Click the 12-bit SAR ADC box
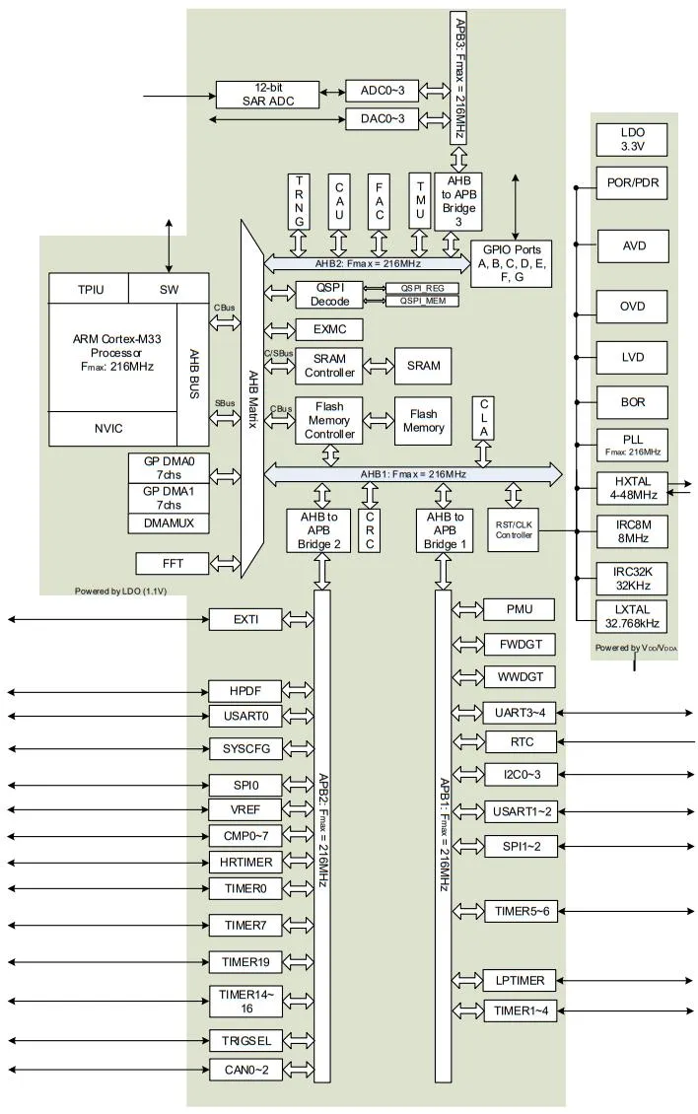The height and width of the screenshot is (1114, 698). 268,94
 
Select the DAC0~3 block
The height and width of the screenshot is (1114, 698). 382,119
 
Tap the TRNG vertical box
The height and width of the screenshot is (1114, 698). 301,201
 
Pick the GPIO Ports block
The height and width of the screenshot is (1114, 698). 512,263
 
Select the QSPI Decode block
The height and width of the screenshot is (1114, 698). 329,295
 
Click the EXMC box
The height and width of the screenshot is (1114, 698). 329,330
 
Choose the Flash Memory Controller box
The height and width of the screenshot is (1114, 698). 329,420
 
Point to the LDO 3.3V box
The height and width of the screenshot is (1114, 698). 632,139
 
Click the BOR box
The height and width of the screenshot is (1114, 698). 632,401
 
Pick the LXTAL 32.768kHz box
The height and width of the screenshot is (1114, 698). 632,615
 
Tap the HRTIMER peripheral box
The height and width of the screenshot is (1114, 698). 245,863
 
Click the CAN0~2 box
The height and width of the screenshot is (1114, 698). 245,1069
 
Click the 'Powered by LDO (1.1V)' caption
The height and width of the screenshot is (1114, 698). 119,592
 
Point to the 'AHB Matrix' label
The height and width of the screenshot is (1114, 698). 252,394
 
